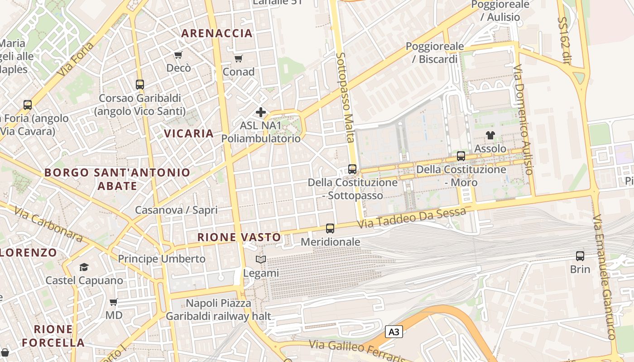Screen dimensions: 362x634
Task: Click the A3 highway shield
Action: pos(394,332)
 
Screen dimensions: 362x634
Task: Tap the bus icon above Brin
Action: pos(580,256)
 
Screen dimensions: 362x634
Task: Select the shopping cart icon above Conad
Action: pos(239,58)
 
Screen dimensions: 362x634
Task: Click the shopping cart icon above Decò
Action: pos(178,55)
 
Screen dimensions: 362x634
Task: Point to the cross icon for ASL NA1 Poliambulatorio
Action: pos(261,112)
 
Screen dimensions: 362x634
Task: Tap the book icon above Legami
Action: pos(260,260)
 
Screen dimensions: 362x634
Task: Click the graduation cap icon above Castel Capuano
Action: pos(84,267)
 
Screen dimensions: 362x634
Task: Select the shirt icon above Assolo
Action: pos(490,135)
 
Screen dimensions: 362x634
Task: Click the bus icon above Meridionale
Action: pos(330,229)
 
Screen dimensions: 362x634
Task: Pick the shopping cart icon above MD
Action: pos(114,302)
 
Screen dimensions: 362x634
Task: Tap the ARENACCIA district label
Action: pos(217,33)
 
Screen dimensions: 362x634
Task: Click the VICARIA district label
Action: pos(189,133)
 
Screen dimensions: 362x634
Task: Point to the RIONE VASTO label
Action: pos(239,237)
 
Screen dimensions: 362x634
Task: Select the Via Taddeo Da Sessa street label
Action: pos(411,218)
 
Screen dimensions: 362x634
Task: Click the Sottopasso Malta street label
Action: pos(346,97)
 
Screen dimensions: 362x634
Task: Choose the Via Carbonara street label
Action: pos(48,224)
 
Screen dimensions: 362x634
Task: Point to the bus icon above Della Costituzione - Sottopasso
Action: pos(352,169)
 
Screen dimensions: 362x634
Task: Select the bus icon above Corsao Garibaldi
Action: pos(140,85)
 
